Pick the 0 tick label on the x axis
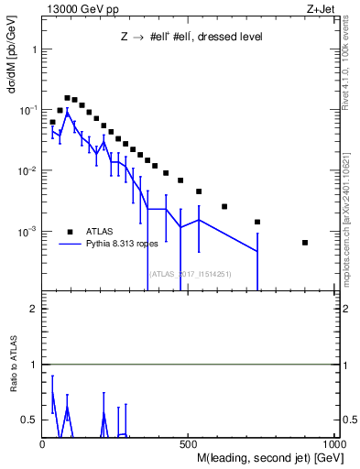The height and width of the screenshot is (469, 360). [43, 444]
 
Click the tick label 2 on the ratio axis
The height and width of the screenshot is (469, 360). [34, 309]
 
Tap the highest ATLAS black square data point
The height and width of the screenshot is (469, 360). [67, 97]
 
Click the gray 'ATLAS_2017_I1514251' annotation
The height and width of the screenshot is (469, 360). [190, 274]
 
